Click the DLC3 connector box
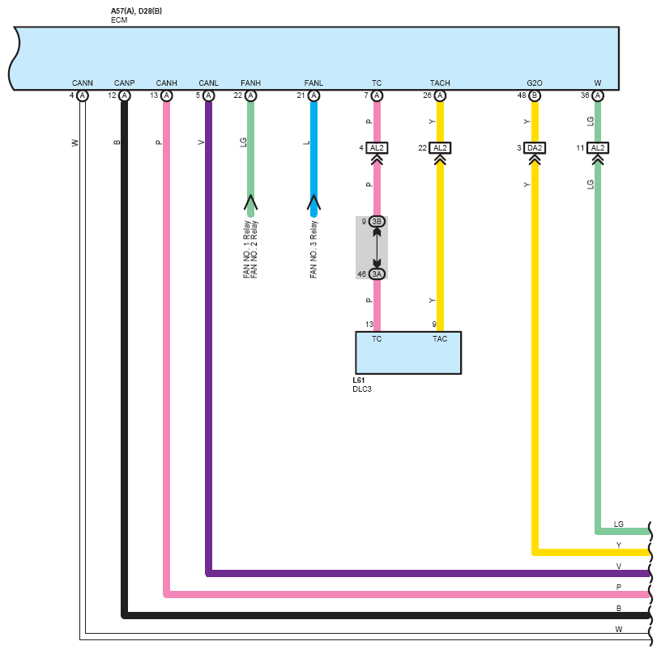point(408,353)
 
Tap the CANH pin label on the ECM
point(166,83)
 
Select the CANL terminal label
point(208,83)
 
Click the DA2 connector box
point(534,148)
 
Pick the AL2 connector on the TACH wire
point(440,148)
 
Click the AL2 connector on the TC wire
point(377,148)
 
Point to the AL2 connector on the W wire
point(597,148)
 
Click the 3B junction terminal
point(377,221)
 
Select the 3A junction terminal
point(377,274)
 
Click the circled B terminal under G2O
point(534,96)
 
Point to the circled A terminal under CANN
point(82,96)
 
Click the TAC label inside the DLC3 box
point(439,339)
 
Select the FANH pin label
point(250,83)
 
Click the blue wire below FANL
point(313,154)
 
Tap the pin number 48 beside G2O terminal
point(522,96)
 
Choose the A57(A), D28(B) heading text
point(136,11)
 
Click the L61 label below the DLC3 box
point(359,380)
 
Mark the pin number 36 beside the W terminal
point(585,96)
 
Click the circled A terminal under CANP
point(124,96)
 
